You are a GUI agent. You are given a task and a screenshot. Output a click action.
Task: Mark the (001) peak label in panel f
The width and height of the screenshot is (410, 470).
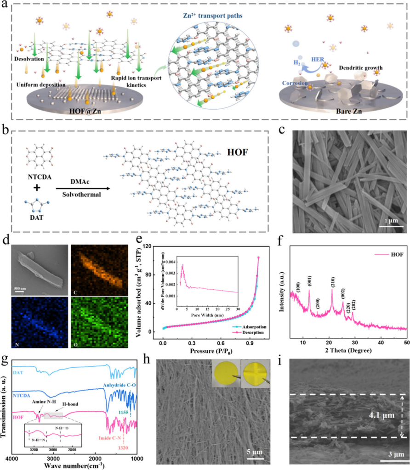pos(309,277)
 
